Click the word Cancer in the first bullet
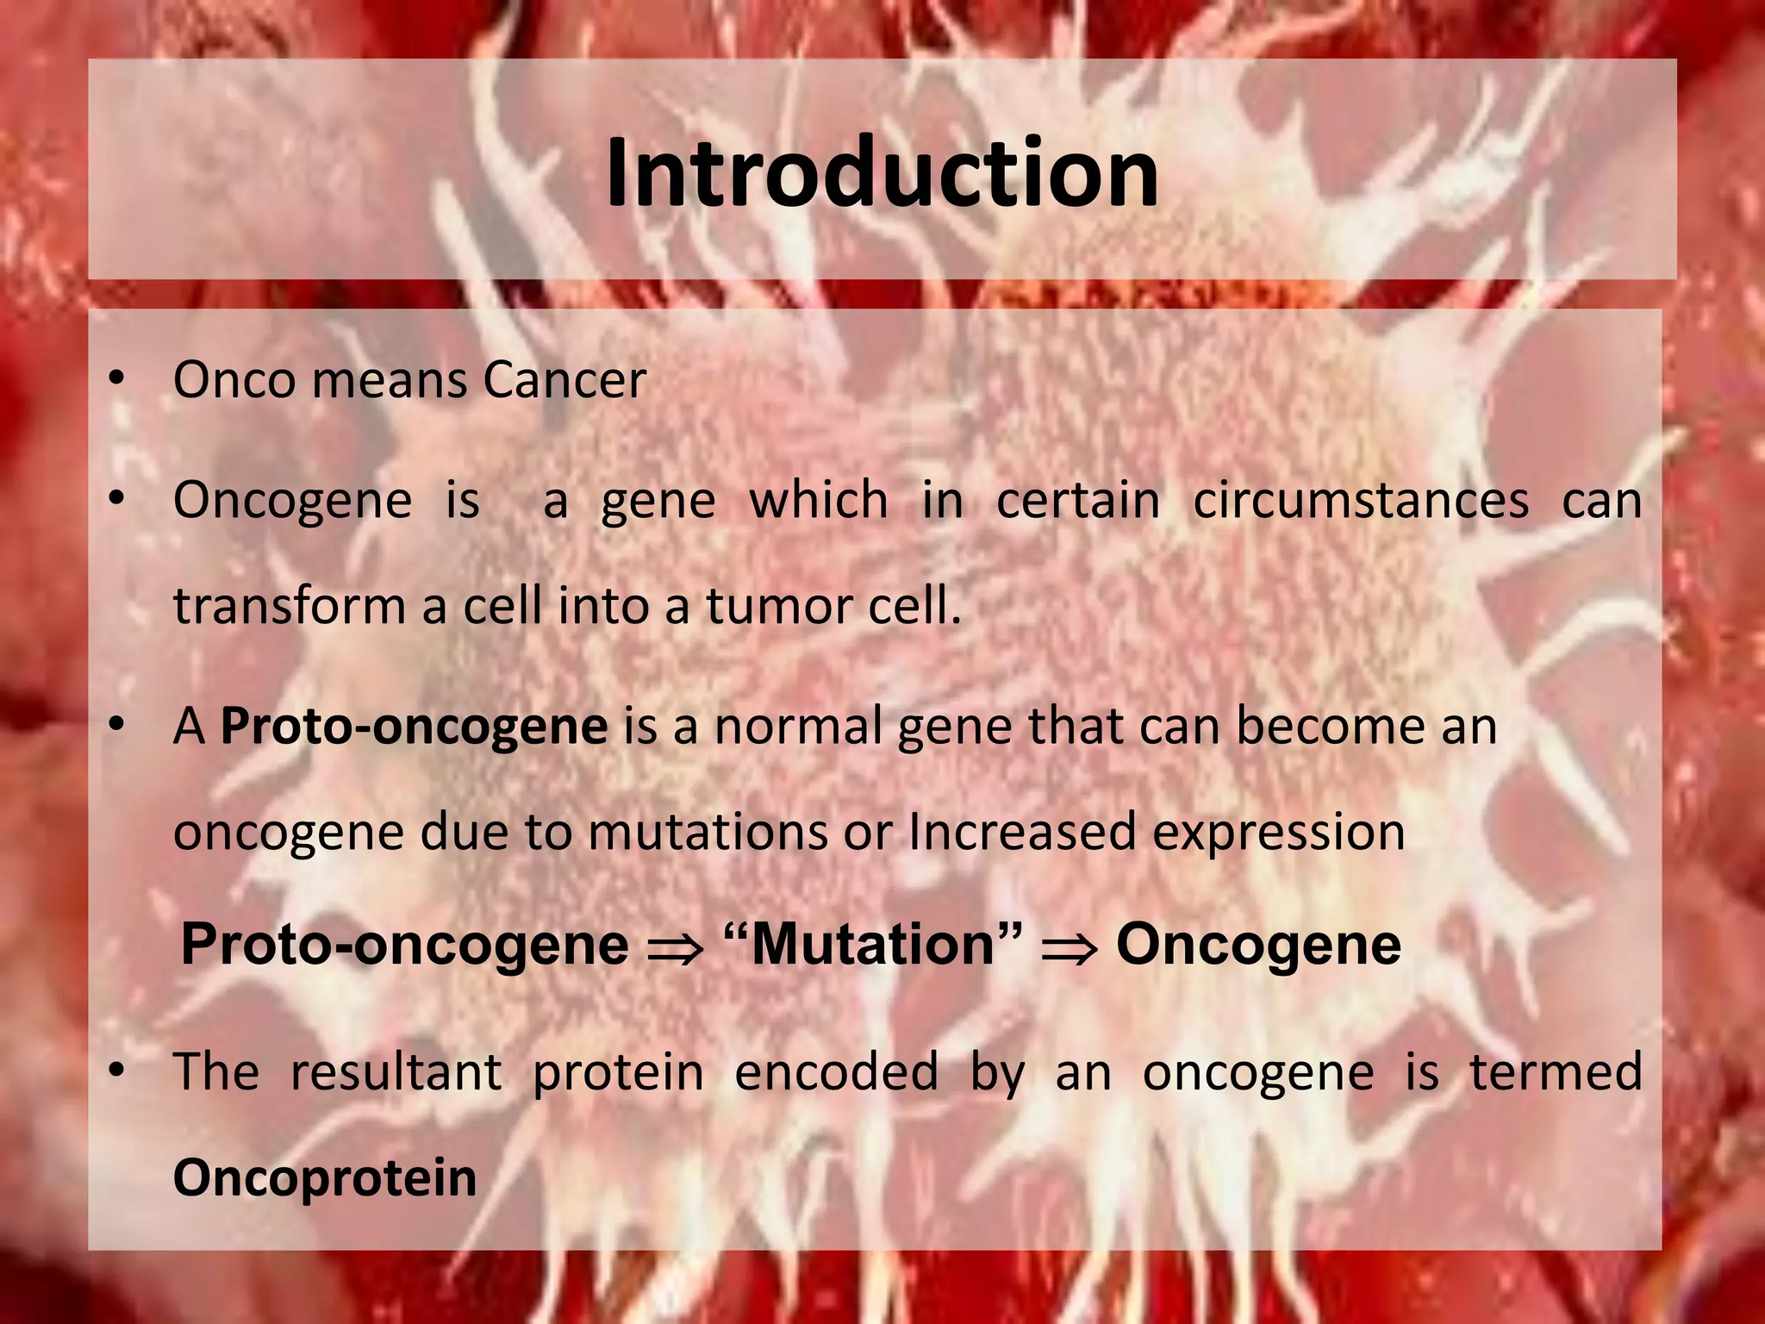coord(564,380)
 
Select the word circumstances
coord(1360,501)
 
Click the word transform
coord(289,606)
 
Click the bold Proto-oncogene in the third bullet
coord(415,727)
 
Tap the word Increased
coord(1021,833)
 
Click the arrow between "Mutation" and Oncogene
coord(1069,948)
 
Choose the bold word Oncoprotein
coord(324,1177)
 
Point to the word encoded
coord(836,1072)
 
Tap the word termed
coord(1556,1072)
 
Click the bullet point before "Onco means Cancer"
coord(117,378)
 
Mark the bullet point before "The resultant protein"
coord(117,1071)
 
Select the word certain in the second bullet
coord(1077,501)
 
